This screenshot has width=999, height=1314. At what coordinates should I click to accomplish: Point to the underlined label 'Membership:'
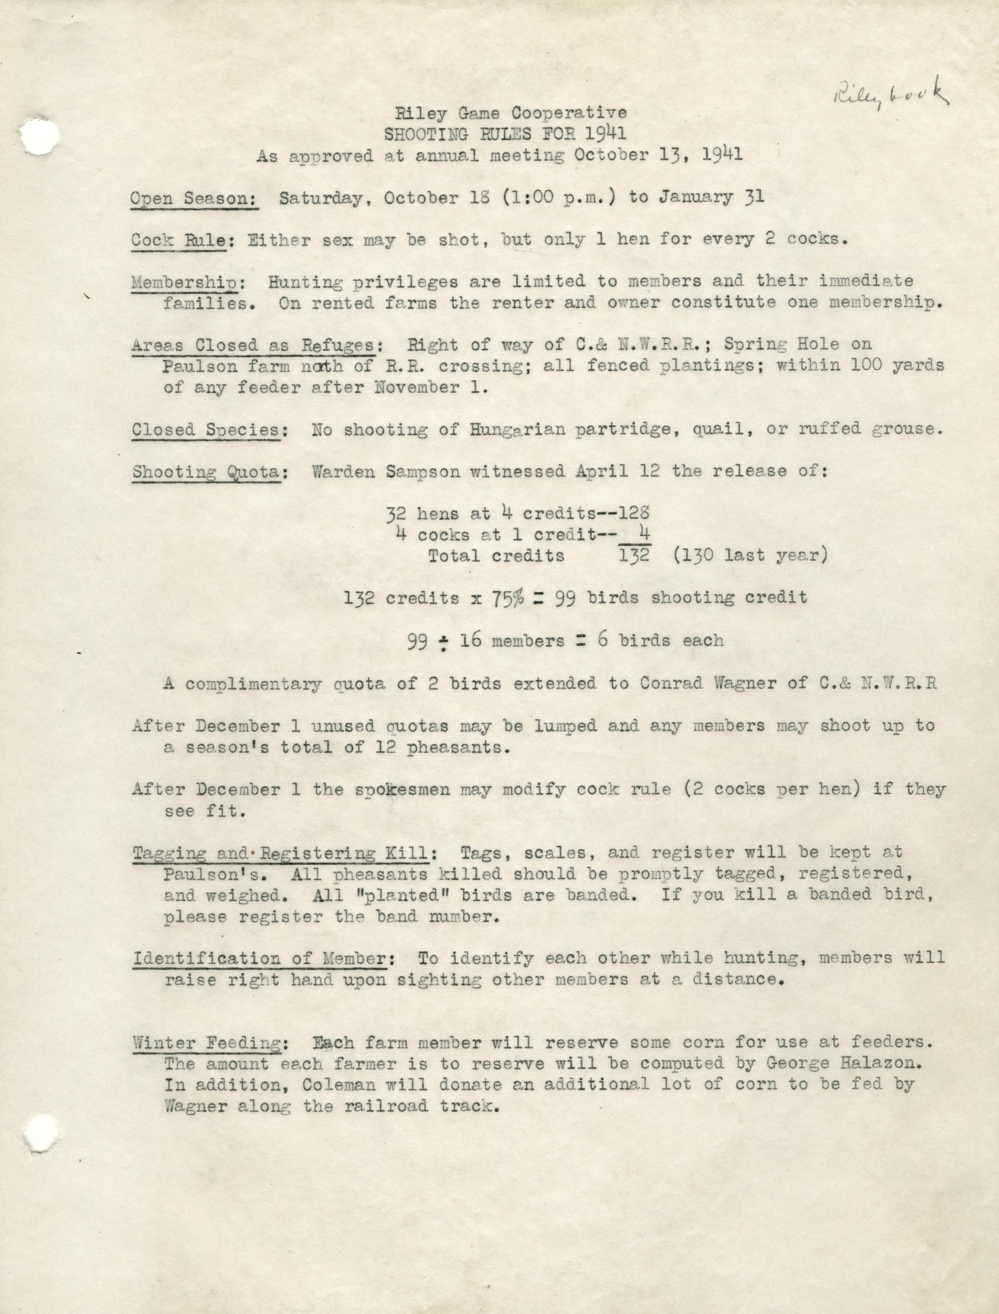pyautogui.click(x=185, y=282)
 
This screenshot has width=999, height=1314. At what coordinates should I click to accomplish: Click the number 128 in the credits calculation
pyautogui.click(x=634, y=513)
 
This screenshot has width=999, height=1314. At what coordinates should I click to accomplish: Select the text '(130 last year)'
pyautogui.click(x=751, y=556)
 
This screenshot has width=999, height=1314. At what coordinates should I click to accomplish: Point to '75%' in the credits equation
pyautogui.click(x=507, y=598)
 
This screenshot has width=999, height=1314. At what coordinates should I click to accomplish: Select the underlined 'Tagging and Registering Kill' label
pyautogui.click(x=281, y=853)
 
